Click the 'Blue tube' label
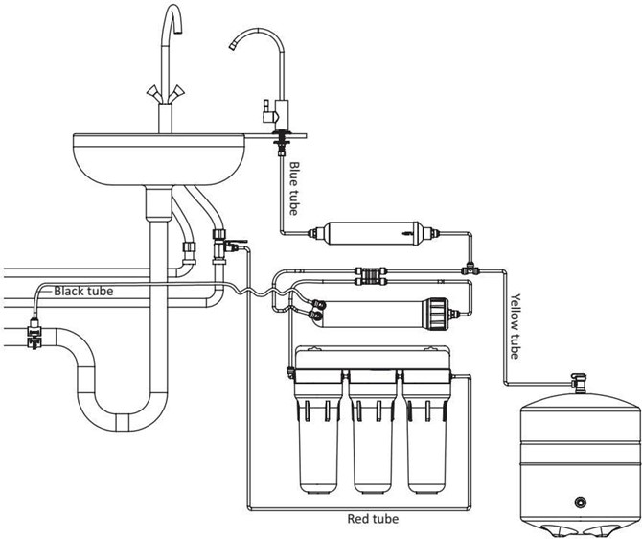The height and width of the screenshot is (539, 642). pyautogui.click(x=294, y=188)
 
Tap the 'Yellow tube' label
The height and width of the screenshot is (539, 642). pyautogui.click(x=516, y=326)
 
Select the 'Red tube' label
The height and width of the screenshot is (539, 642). pyautogui.click(x=373, y=519)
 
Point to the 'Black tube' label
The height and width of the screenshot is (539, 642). pyautogui.click(x=83, y=291)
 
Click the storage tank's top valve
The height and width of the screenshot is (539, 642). pyautogui.click(x=579, y=383)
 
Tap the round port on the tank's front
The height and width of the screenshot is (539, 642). pyautogui.click(x=580, y=502)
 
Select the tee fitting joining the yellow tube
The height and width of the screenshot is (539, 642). pyautogui.click(x=470, y=269)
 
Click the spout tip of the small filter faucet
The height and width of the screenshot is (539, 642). pyautogui.click(x=233, y=45)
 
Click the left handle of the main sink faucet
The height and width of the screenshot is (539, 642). pyautogui.click(x=152, y=92)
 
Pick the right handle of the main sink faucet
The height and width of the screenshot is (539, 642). pyautogui.click(x=177, y=92)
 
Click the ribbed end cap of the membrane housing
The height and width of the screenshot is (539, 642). pyautogui.click(x=436, y=314)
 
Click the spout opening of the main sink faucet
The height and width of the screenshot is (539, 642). pyautogui.click(x=178, y=31)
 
